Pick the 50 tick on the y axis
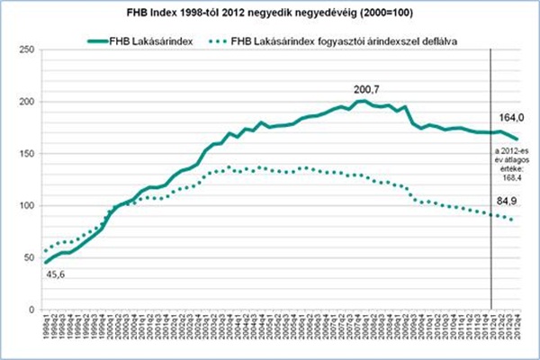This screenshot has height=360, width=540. click(30, 258)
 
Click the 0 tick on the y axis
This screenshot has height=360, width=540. click(32, 310)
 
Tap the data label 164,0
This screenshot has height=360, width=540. click(511, 119)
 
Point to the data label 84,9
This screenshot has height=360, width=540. click(511, 202)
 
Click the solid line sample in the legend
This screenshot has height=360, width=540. click(107, 41)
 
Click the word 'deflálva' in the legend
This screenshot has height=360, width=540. click(429, 41)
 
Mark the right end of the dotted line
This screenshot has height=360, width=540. click(513, 220)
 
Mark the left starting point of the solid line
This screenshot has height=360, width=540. click(45, 262)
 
